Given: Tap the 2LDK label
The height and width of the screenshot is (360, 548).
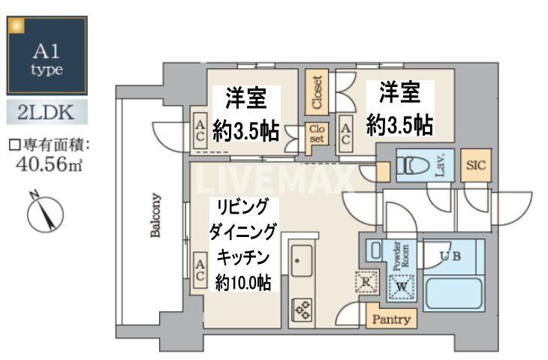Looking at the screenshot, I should click(47, 113).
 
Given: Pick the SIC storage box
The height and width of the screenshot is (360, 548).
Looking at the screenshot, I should click(476, 166).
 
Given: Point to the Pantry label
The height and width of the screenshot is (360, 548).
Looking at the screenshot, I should click(391, 319).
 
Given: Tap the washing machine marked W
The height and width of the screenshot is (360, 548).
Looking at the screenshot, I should click(402, 286).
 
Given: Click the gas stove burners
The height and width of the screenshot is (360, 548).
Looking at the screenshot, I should click(302, 310).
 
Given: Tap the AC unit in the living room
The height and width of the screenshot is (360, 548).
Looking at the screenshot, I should click(200, 270).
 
